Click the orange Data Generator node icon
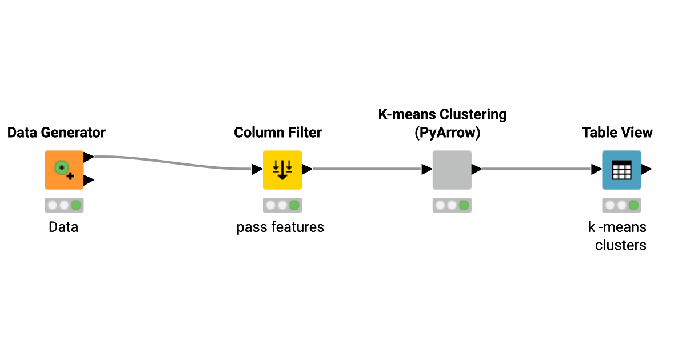click(64, 170)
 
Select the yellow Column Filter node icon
click(282, 170)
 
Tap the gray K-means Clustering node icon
click(452, 170)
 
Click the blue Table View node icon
click(621, 170)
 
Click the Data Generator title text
click(57, 133)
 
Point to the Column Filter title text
click(278, 133)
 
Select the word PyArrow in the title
click(447, 133)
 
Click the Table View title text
click(617, 133)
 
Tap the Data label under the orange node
click(63, 227)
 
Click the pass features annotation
click(280, 227)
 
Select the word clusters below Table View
click(621, 245)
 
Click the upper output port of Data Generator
click(89, 157)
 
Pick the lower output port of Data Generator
click(89, 181)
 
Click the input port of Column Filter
click(257, 169)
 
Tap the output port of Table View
click(647, 169)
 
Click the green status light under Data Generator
click(76, 205)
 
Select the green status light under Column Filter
click(294, 205)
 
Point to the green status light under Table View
click(633, 205)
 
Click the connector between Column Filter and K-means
click(366, 169)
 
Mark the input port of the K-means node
click(426, 169)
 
